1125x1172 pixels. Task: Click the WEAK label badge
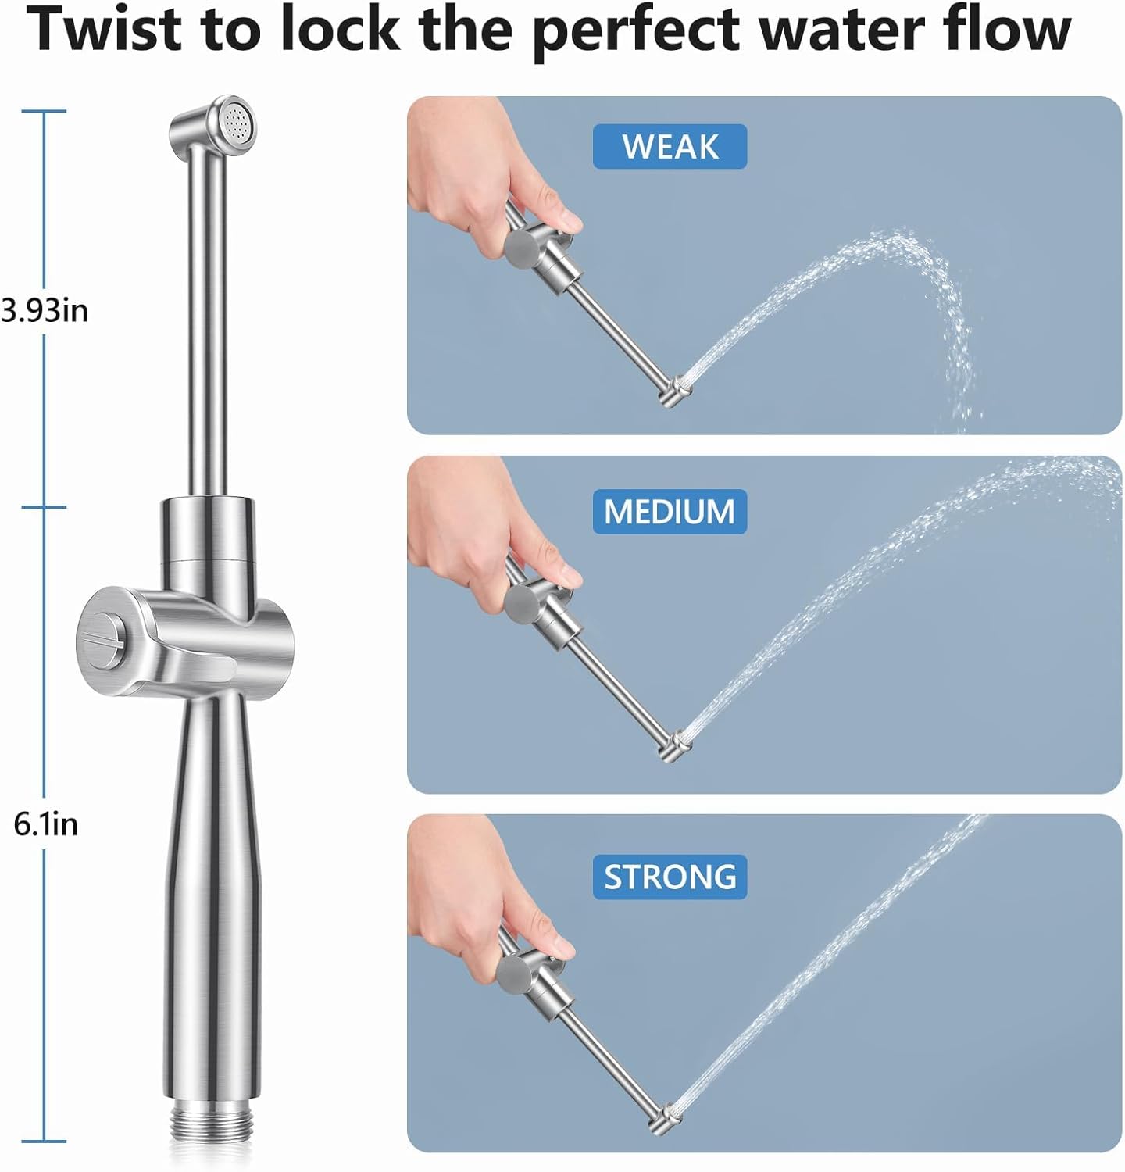click(670, 147)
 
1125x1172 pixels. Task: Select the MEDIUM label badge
click(670, 512)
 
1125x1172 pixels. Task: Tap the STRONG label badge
click(670, 877)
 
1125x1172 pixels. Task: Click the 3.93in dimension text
click(45, 311)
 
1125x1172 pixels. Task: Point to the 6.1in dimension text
click(46, 824)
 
